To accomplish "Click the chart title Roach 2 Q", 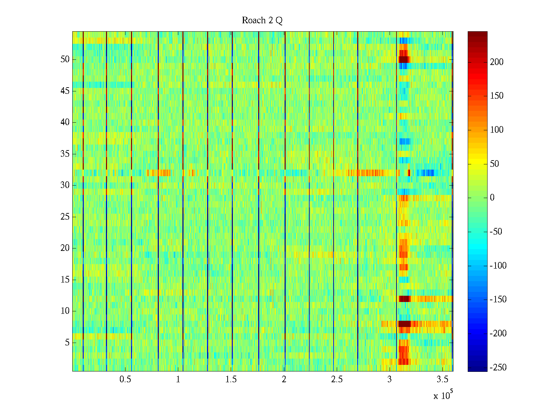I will [262, 21].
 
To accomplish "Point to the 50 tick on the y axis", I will [65, 59].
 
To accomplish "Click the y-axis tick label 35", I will [65, 154].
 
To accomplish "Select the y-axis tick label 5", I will [67, 343].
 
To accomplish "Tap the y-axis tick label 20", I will [65, 248].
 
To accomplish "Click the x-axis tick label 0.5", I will [125, 379].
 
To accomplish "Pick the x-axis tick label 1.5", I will [231, 379].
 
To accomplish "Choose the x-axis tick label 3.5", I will [443, 379].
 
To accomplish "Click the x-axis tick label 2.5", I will [337, 379].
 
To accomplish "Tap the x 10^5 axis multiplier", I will [443, 395].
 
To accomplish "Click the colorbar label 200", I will [497, 62].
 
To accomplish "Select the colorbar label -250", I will [498, 368].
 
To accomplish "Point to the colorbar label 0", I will [492, 198].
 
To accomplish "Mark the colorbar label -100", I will [498, 266].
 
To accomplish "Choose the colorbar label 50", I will [494, 164].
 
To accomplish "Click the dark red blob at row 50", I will [403, 59].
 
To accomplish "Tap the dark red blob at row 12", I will [404, 299].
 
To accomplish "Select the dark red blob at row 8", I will [404, 324].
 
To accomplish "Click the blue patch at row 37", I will [404, 141].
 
